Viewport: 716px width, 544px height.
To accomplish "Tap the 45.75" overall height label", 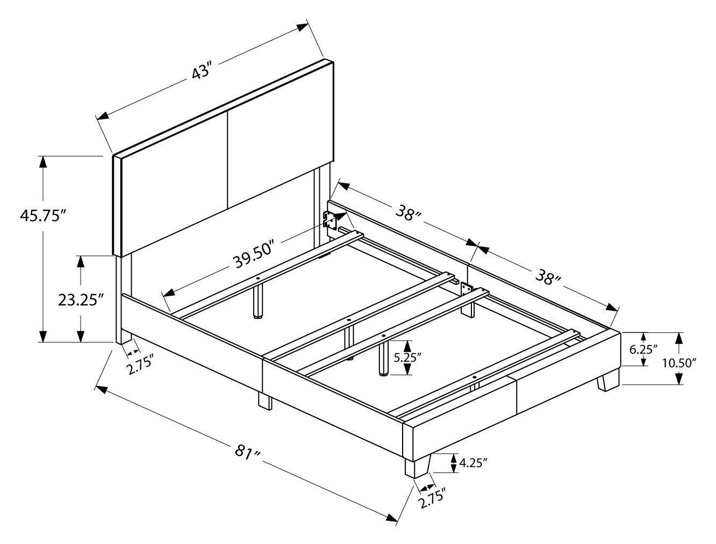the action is [x=41, y=215].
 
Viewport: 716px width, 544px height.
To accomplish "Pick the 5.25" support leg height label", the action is [x=405, y=358].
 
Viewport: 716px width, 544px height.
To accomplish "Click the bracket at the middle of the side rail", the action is [x=466, y=289].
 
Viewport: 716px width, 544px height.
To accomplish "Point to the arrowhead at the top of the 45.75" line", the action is [x=42, y=162].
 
